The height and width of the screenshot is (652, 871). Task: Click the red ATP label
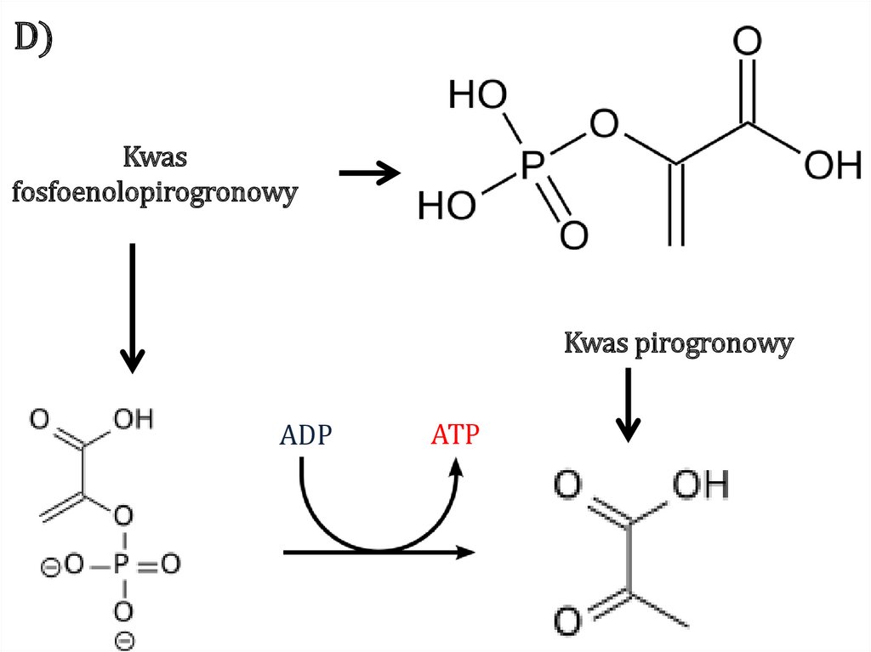pyautogui.click(x=455, y=434)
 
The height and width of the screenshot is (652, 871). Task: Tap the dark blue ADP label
pyautogui.click(x=305, y=435)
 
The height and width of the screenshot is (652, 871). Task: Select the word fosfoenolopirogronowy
pyautogui.click(x=155, y=193)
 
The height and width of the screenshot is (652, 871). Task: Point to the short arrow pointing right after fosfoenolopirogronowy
pyautogui.click(x=370, y=173)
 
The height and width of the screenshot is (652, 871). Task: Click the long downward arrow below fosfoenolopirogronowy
pyautogui.click(x=133, y=309)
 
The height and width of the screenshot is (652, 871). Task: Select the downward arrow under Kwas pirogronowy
pyautogui.click(x=629, y=405)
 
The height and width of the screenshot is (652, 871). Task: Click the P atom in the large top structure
pyautogui.click(x=532, y=166)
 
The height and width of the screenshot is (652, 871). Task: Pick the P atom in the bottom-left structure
pyautogui.click(x=122, y=564)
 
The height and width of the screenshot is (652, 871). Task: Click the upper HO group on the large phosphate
pyautogui.click(x=478, y=94)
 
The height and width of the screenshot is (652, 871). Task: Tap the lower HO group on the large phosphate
pyautogui.click(x=447, y=205)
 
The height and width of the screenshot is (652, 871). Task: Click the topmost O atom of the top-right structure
pyautogui.click(x=747, y=41)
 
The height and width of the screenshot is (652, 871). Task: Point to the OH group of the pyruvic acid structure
pyautogui.click(x=701, y=485)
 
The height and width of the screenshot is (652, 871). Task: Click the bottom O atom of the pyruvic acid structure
pyautogui.click(x=567, y=621)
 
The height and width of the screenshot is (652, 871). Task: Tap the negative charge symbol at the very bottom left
pyautogui.click(x=126, y=640)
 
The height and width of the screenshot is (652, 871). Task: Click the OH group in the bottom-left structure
pyautogui.click(x=134, y=419)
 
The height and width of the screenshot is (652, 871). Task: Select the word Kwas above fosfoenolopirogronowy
pyautogui.click(x=155, y=156)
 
